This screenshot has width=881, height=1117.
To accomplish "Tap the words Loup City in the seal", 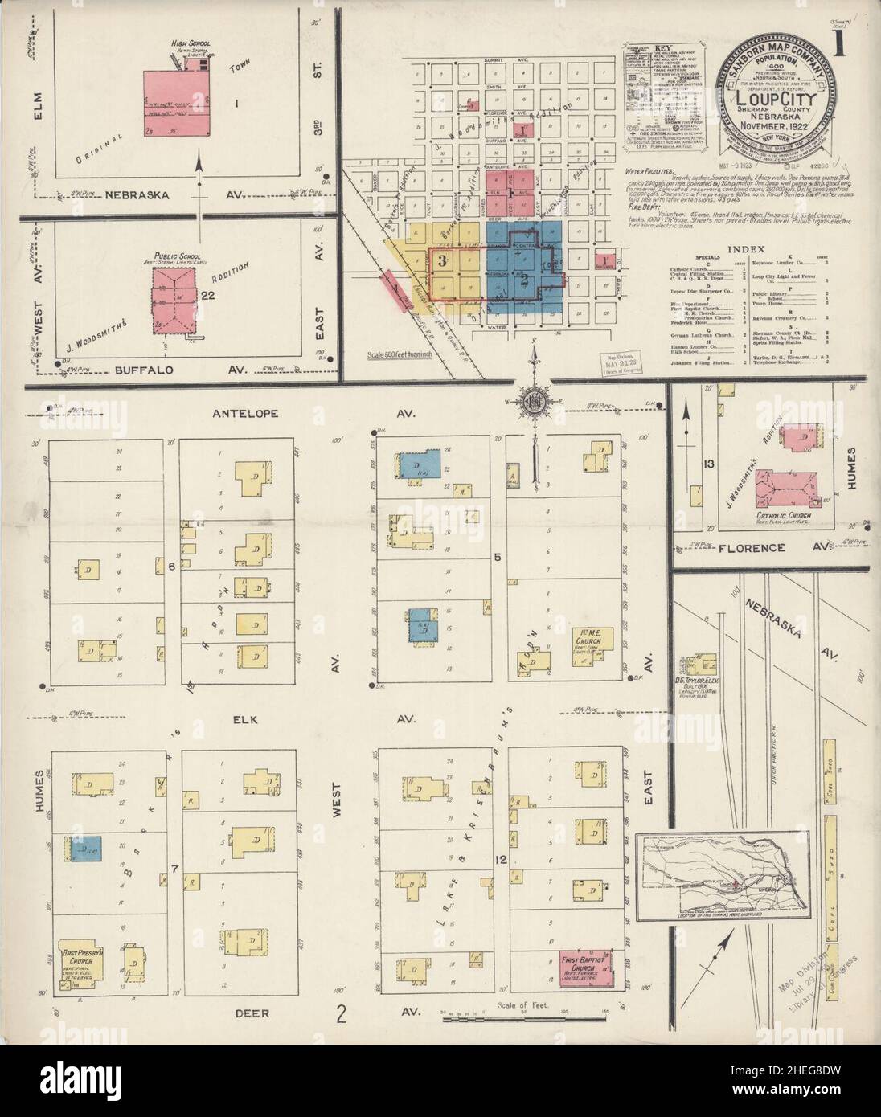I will (774, 101).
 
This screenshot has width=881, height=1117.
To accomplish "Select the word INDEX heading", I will (748, 250).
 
